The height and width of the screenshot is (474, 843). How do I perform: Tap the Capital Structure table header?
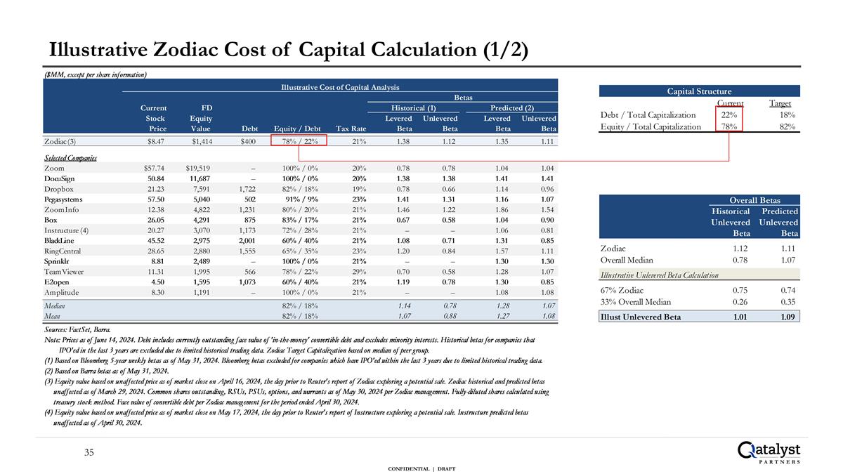[699, 91]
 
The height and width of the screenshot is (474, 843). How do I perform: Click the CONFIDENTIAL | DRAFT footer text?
[421, 468]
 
